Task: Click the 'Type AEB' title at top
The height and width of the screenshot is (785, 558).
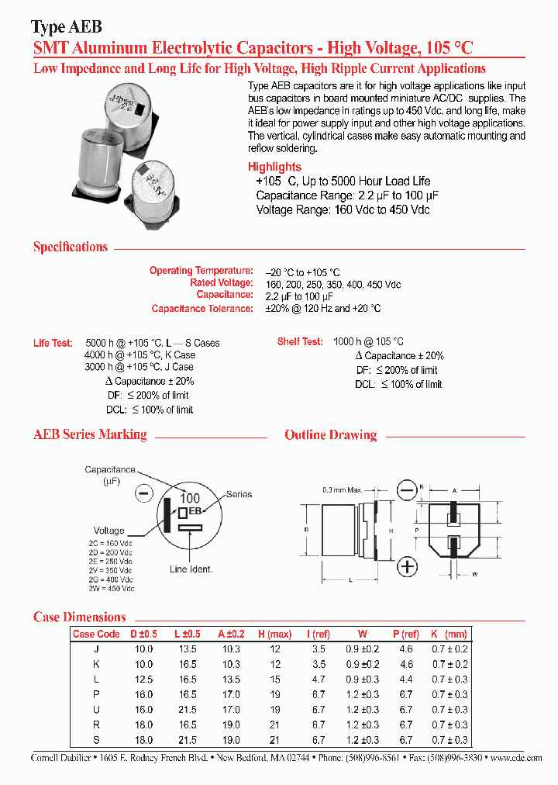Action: pyautogui.click(x=65, y=28)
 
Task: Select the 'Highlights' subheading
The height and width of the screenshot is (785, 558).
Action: pyautogui.click(x=274, y=167)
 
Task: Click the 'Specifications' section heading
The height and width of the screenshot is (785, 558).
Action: pyautogui.click(x=71, y=247)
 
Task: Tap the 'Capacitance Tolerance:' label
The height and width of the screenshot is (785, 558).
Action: pyautogui.click(x=202, y=309)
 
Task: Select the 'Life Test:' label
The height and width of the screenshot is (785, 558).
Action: pyautogui.click(x=53, y=343)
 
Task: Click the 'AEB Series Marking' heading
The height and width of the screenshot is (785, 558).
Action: pyautogui.click(x=90, y=434)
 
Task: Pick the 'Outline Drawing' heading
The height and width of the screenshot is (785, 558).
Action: pyautogui.click(x=330, y=435)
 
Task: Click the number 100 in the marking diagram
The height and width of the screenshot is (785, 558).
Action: pyautogui.click(x=190, y=498)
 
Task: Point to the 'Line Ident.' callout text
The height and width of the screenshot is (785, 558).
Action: pyautogui.click(x=191, y=569)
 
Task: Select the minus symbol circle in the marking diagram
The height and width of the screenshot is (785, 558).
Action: pyautogui.click(x=144, y=492)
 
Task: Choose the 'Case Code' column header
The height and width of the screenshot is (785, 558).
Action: pyautogui.click(x=96, y=634)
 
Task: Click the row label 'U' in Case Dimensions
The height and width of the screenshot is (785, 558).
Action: pyautogui.click(x=96, y=710)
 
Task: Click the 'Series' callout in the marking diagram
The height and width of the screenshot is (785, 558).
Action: pyautogui.click(x=239, y=494)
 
